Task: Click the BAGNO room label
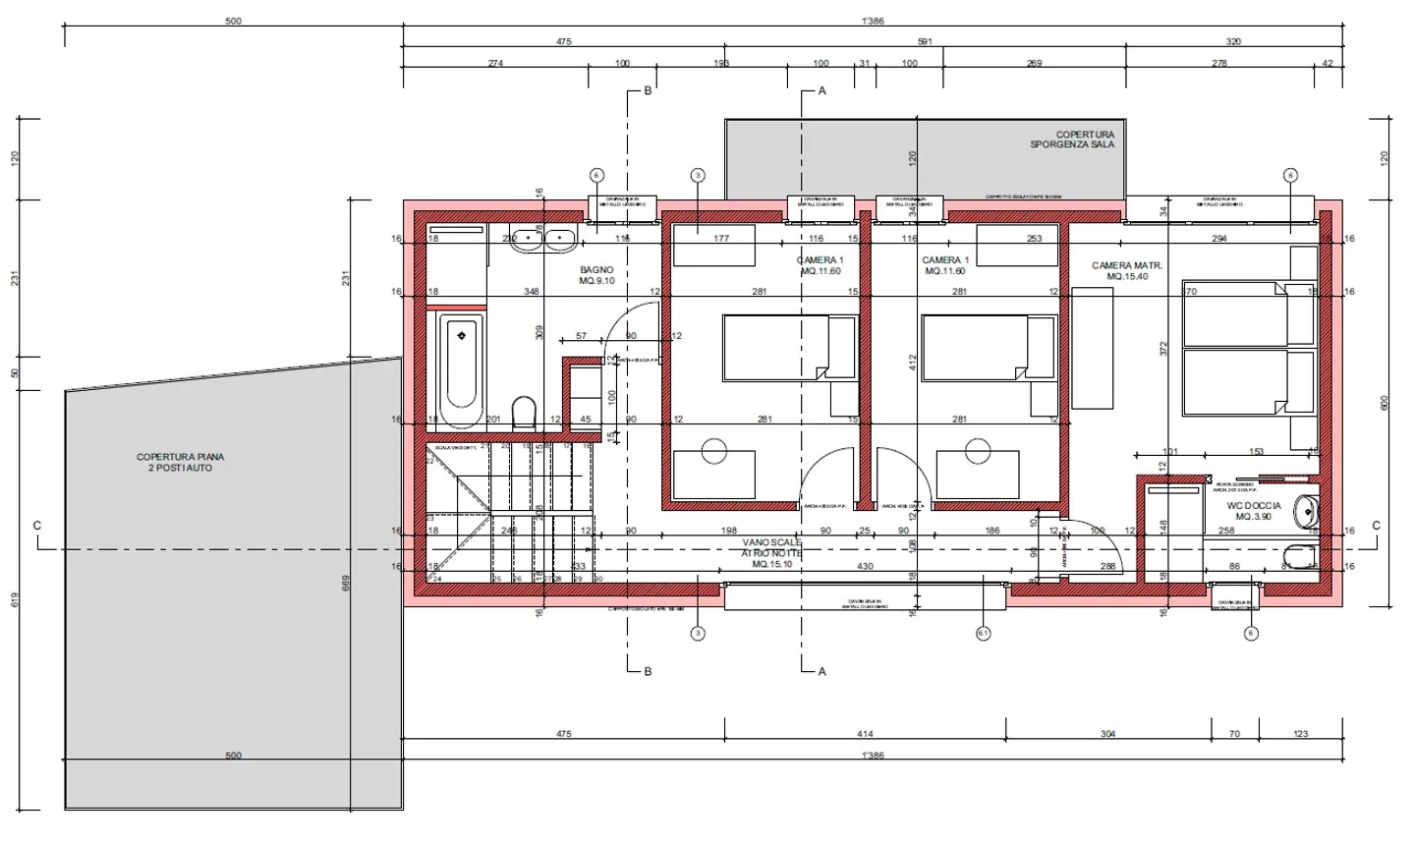pyautogui.click(x=596, y=270)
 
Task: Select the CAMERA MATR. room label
pyautogui.click(x=1126, y=266)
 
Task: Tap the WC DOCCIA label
pyautogui.click(x=1253, y=506)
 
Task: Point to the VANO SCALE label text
pyautogui.click(x=771, y=542)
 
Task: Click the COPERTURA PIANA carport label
pyautogui.click(x=180, y=457)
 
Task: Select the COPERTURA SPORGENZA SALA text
pyautogui.click(x=1072, y=140)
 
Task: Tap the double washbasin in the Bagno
pyautogui.click(x=543, y=238)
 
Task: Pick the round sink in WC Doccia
pyautogui.click(x=1307, y=511)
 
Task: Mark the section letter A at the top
pyautogui.click(x=822, y=90)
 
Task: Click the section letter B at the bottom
pyautogui.click(x=648, y=672)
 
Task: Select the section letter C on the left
pyautogui.click(x=37, y=526)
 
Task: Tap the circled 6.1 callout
pyautogui.click(x=984, y=634)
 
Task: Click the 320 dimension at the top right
pyautogui.click(x=1233, y=41)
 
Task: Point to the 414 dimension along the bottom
pyautogui.click(x=865, y=734)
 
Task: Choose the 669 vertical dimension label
pyautogui.click(x=345, y=583)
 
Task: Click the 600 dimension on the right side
pyautogui.click(x=1385, y=403)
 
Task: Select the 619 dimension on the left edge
pyautogui.click(x=15, y=599)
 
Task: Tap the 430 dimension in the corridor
pyautogui.click(x=865, y=567)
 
